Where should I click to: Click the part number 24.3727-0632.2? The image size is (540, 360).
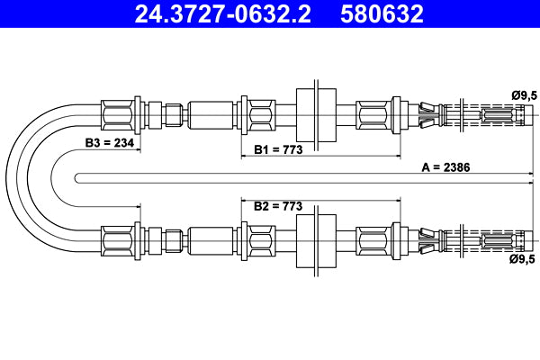pos(225,14)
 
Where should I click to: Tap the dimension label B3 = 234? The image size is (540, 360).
pos(109,144)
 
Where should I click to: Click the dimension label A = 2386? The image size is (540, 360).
pos(446,167)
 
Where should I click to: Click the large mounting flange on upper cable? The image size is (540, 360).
pos(316,115)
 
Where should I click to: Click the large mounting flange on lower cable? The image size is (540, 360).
pos(316,240)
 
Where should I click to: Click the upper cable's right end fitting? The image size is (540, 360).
pos(499,115)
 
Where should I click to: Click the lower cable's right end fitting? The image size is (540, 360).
pos(499,240)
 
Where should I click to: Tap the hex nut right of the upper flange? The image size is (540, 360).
pos(373,115)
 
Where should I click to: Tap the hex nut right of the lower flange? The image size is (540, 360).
pos(373,240)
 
